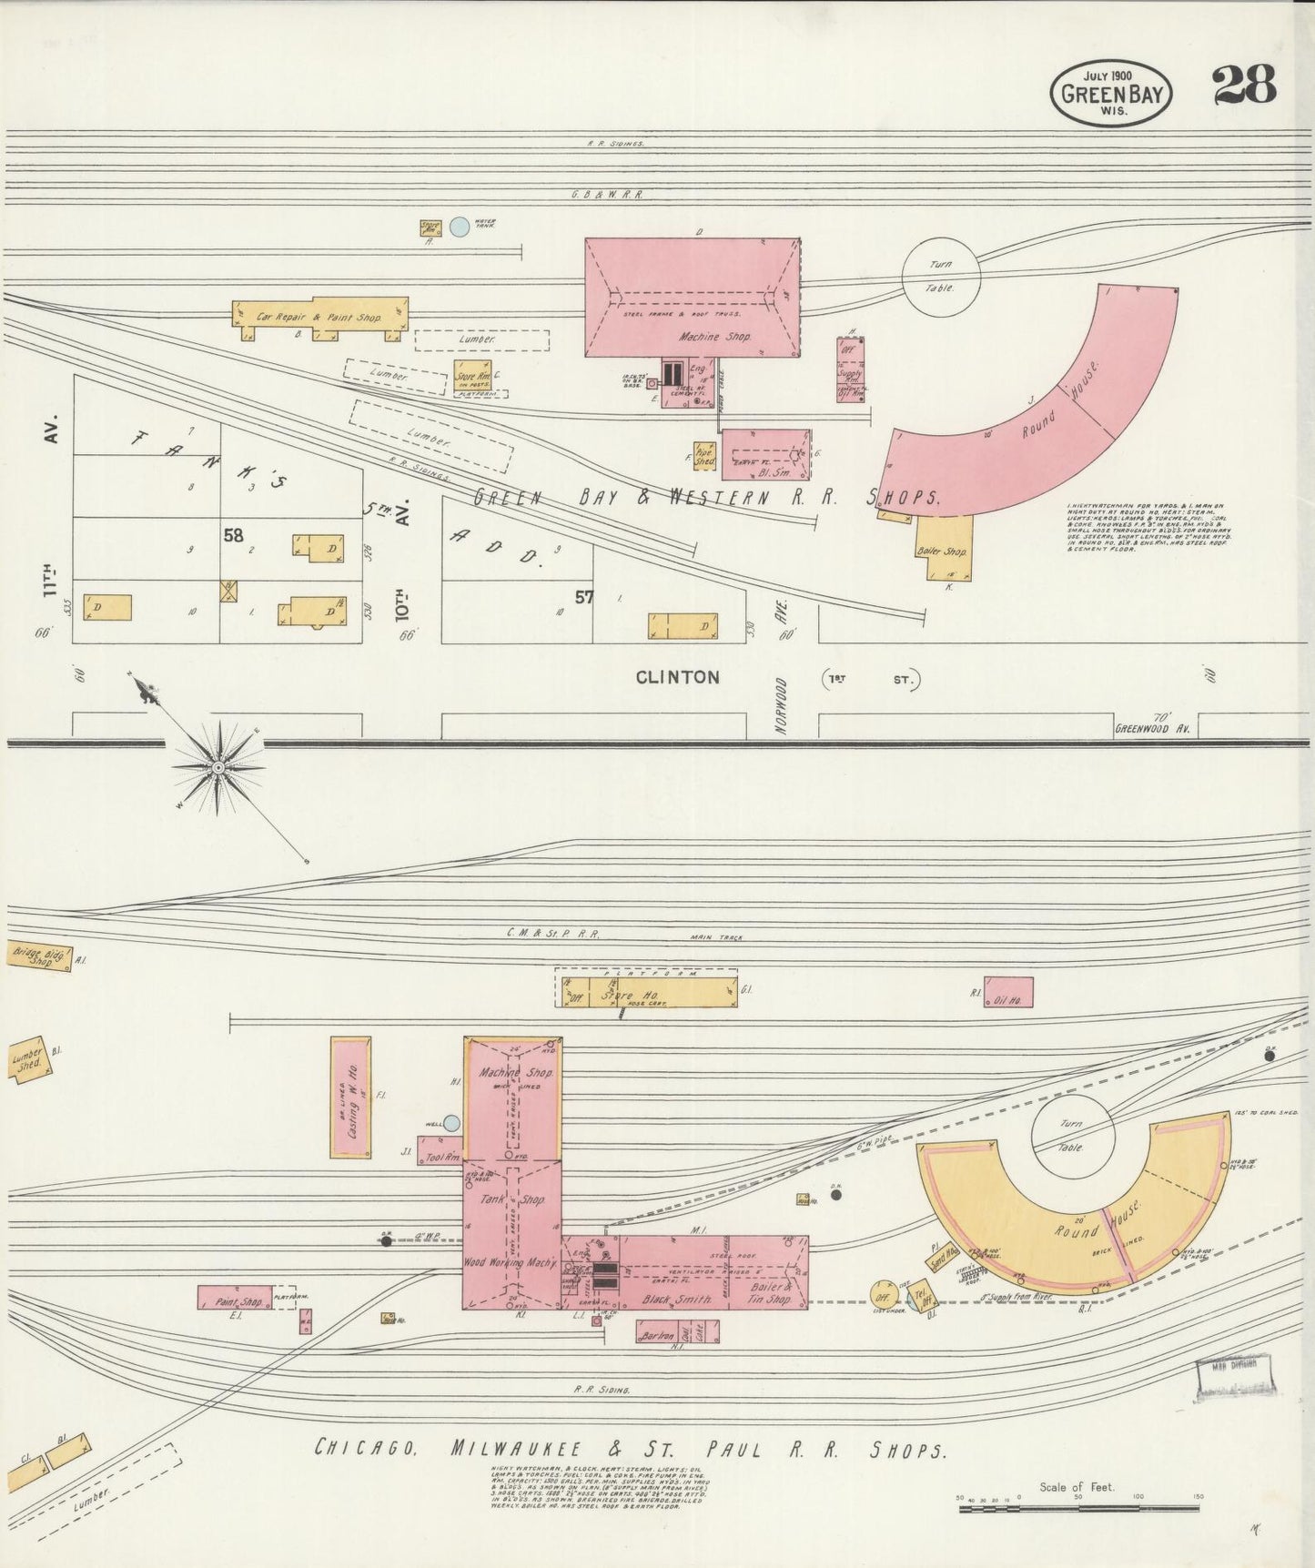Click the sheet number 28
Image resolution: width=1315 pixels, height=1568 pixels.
click(x=1243, y=86)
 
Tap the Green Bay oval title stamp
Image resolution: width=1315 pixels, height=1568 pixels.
click(x=1112, y=93)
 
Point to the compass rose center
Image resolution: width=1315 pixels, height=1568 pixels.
click(x=217, y=768)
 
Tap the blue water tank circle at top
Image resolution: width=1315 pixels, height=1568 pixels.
click(x=460, y=227)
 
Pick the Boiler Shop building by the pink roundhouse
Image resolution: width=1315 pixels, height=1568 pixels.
click(x=946, y=548)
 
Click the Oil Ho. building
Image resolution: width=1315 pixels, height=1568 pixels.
click(x=1008, y=992)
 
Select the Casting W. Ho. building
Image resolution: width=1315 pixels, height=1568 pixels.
click(x=350, y=1097)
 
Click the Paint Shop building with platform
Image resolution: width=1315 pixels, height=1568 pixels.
click(x=234, y=1298)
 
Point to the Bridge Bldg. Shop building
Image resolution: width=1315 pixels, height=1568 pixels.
click(x=39, y=956)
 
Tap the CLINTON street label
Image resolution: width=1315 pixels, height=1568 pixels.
click(x=677, y=677)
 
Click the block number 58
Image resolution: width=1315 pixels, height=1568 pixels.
click(x=234, y=535)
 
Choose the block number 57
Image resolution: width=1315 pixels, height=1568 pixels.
click(x=584, y=597)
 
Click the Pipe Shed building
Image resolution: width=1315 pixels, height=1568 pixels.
click(x=704, y=456)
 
